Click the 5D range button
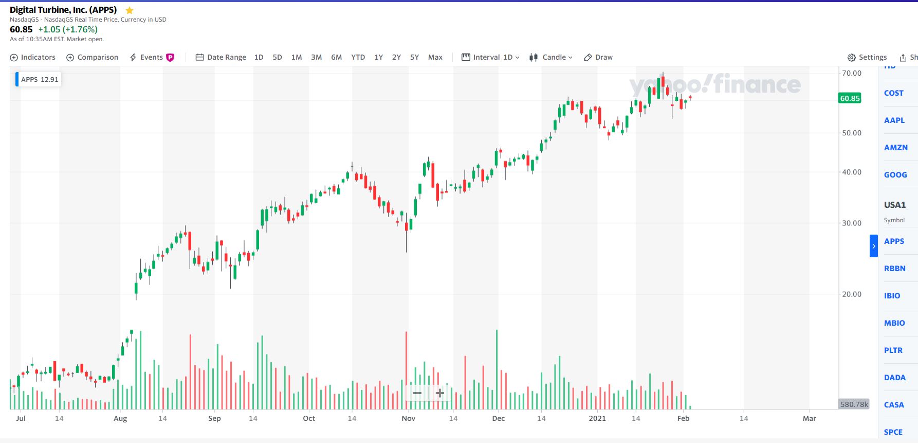(277, 57)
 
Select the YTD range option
(358, 57)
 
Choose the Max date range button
(435, 57)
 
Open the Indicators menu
(33, 57)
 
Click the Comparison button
(93, 57)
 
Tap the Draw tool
(598, 57)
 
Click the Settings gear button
(867, 57)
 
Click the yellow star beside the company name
(130, 10)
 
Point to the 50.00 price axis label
(852, 133)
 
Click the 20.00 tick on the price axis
(852, 294)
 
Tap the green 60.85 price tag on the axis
(850, 98)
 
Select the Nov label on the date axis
(409, 418)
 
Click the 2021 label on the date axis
(597, 418)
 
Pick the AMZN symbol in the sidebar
(896, 148)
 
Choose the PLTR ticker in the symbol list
(893, 350)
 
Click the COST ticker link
(894, 93)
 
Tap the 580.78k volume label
(854, 404)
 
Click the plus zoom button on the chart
(440, 394)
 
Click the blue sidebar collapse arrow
(873, 246)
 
